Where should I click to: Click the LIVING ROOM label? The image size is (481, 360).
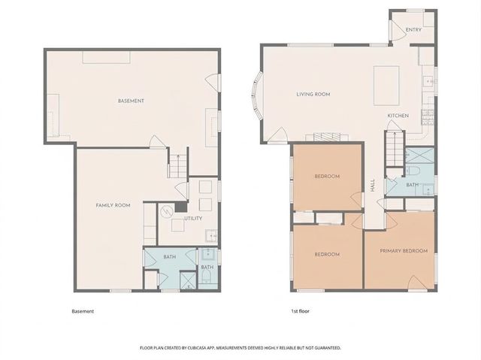[313, 94]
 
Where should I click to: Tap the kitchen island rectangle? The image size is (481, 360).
[387, 78]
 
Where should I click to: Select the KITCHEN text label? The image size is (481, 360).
[398, 115]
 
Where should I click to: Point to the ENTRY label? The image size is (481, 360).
[413, 30]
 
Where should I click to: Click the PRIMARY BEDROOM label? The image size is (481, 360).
[404, 250]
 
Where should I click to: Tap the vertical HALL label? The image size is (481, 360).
[373, 185]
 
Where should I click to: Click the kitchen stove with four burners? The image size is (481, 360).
[427, 116]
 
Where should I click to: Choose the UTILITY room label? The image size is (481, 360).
[193, 218]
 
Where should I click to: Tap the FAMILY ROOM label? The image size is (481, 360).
[113, 205]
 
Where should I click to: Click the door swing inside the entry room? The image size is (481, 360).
[395, 28]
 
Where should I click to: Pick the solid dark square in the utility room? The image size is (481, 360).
[180, 207]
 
